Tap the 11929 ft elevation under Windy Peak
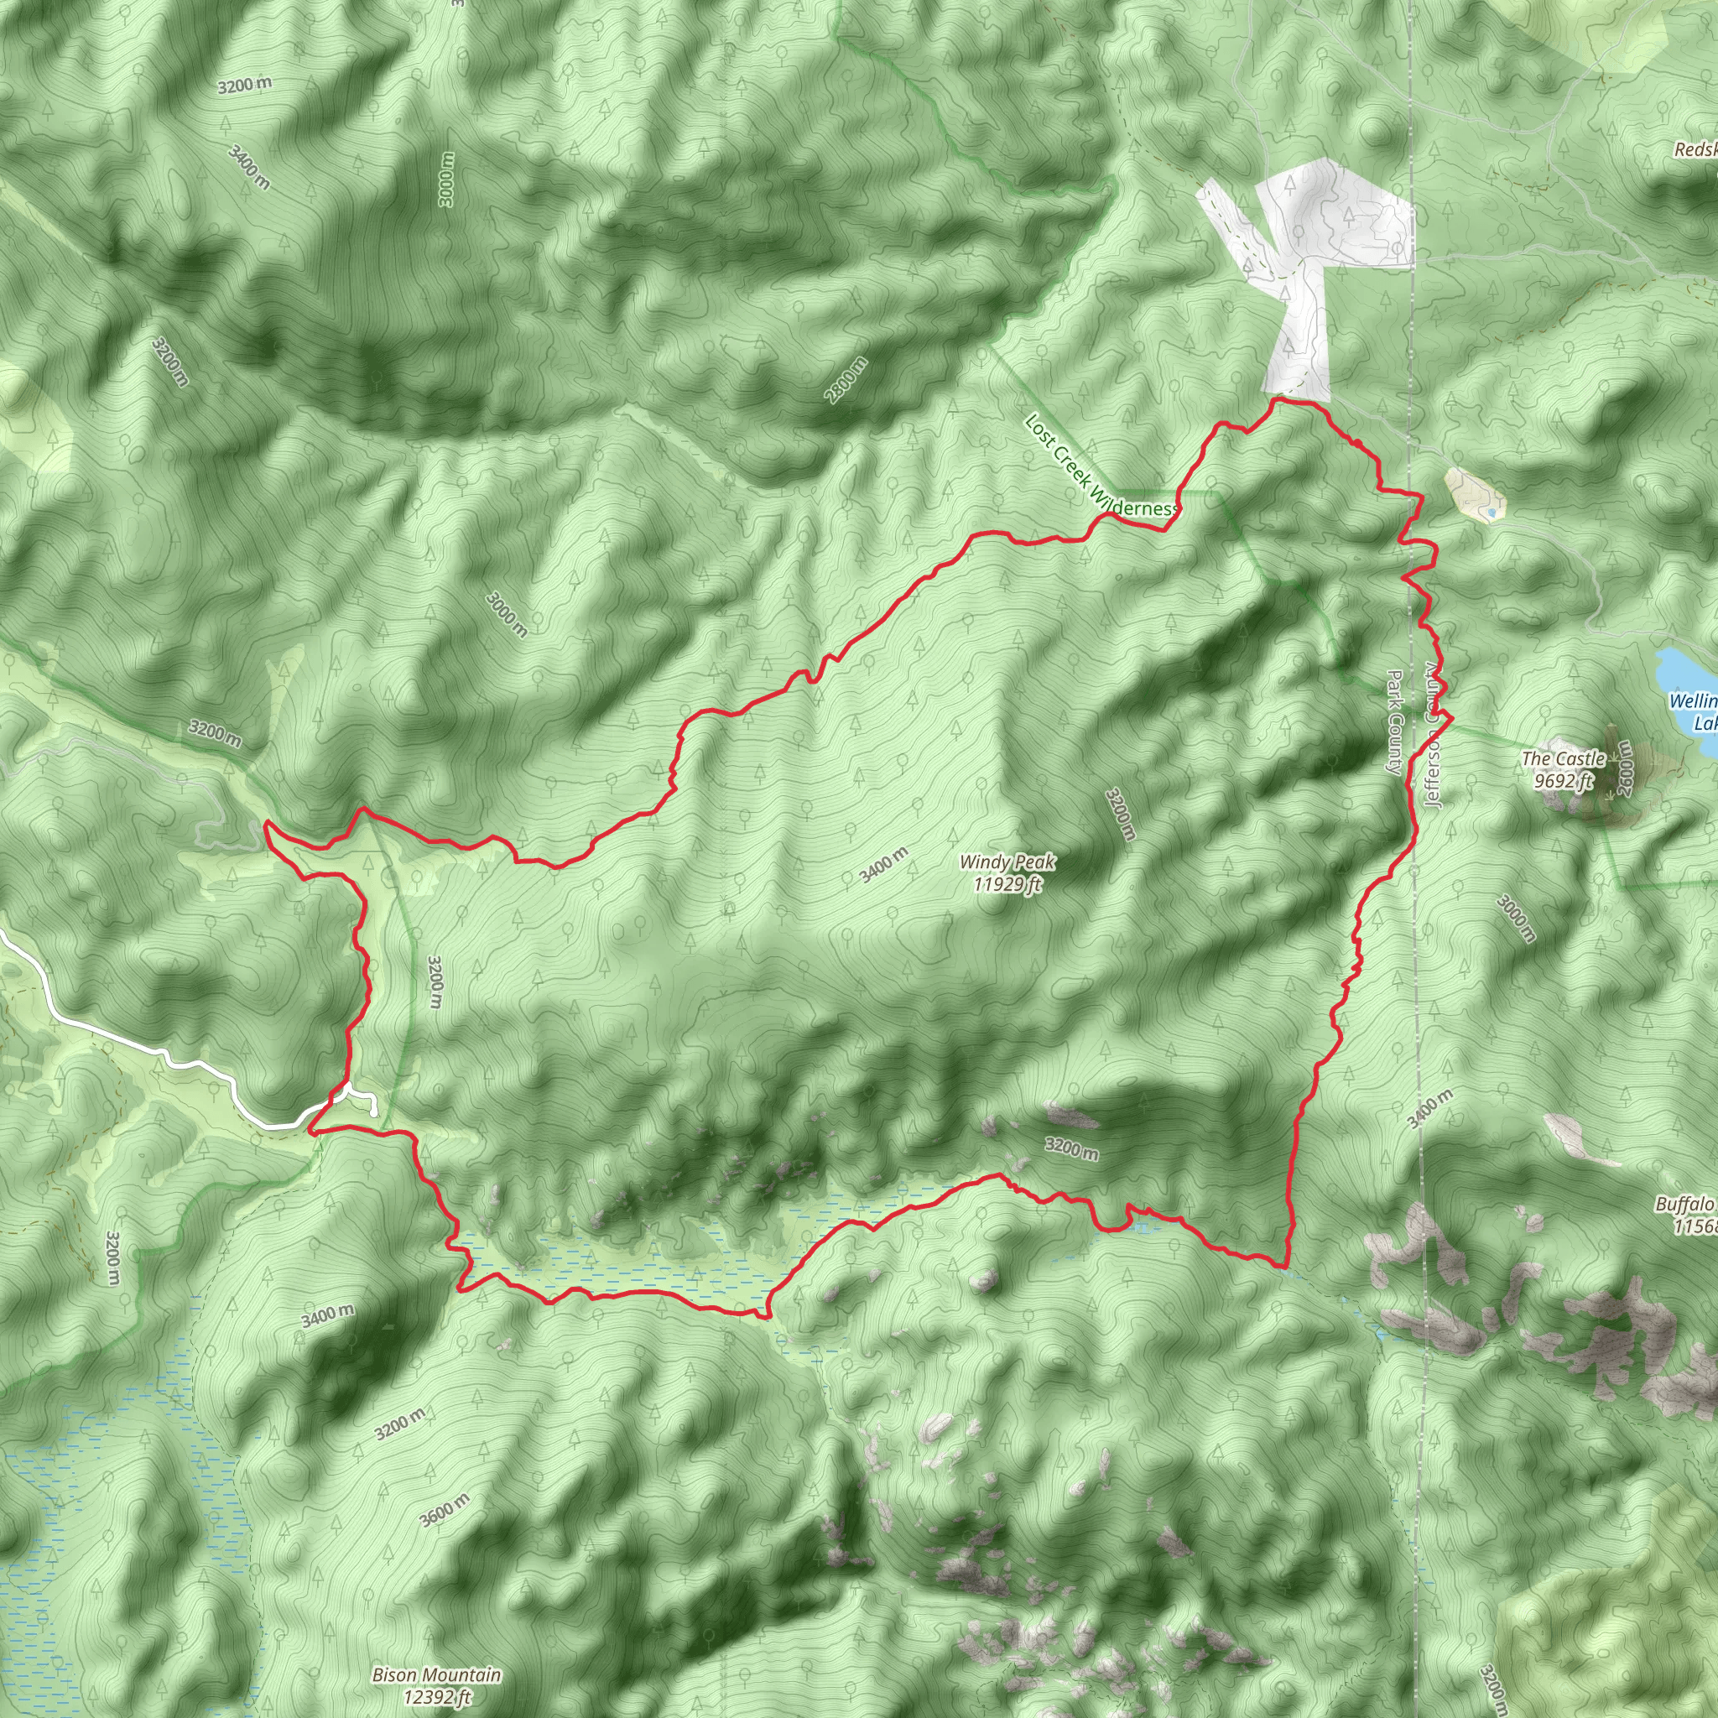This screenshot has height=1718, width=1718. (x=1007, y=884)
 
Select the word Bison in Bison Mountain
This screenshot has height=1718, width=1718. (x=394, y=1675)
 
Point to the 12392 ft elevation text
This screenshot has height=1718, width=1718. (x=435, y=1697)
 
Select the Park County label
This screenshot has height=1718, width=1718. (x=1394, y=722)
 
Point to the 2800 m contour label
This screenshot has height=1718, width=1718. (x=846, y=380)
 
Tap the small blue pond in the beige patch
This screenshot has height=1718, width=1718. (x=1492, y=513)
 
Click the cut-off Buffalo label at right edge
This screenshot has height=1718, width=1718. (x=1685, y=1205)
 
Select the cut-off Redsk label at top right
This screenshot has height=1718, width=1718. (x=1694, y=149)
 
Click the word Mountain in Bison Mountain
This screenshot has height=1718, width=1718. (x=461, y=1675)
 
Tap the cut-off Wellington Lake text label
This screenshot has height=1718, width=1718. (x=1692, y=711)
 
